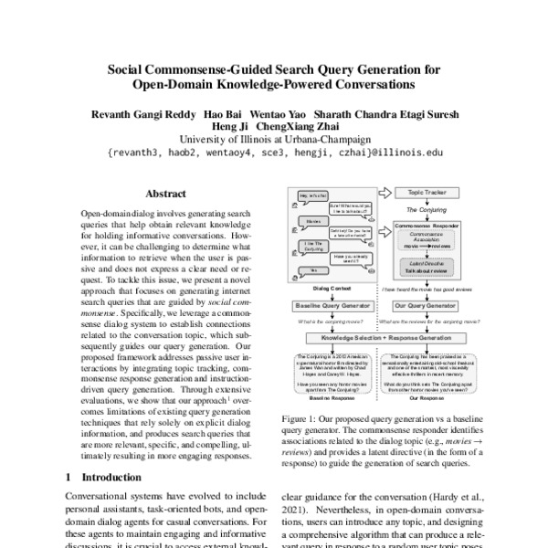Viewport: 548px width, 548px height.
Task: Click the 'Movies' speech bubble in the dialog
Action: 313,222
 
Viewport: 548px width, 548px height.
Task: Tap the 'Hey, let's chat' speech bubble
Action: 314,195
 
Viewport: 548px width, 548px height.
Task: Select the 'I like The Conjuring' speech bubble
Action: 313,247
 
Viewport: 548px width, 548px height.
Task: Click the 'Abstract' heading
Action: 167,195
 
